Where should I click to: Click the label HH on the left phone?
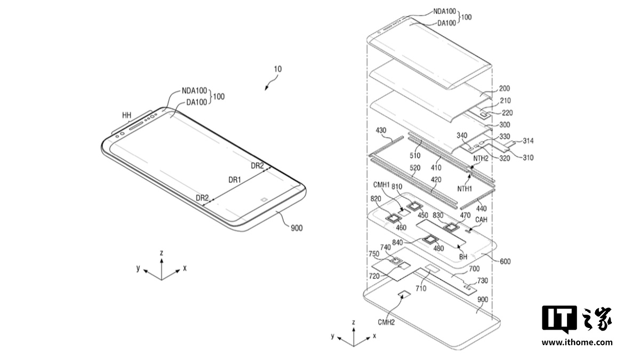click(126, 115)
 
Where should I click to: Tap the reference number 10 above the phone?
click(278, 69)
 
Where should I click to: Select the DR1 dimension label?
click(235, 180)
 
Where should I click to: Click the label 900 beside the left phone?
click(297, 228)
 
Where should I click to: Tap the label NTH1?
click(465, 188)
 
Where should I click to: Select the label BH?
click(463, 257)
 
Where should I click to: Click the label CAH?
click(482, 219)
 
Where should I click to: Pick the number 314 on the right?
click(529, 141)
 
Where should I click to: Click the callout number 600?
click(506, 261)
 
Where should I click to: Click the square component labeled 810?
click(414, 206)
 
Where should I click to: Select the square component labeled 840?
click(428, 241)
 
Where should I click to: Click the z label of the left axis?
click(161, 252)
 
